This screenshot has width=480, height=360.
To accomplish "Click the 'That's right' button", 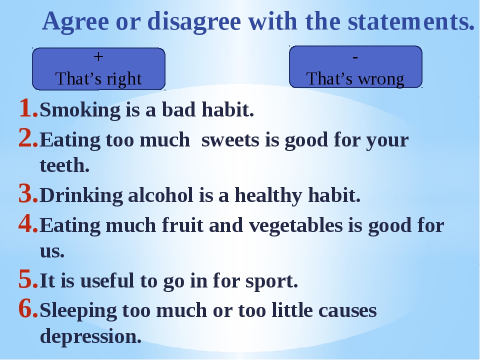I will [98, 69].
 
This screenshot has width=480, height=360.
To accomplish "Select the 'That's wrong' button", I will [355, 67].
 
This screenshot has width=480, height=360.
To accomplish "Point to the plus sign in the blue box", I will [98, 57].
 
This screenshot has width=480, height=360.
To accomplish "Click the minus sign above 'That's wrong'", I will [355, 57].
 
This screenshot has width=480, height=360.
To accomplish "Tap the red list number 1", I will [27, 110].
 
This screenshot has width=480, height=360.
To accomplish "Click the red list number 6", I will [27, 311].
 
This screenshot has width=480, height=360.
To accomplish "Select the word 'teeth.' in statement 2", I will [64, 166].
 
